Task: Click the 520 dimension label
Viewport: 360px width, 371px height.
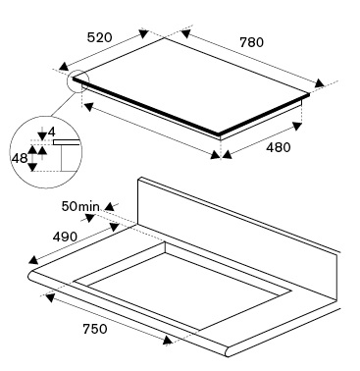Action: click(99, 37)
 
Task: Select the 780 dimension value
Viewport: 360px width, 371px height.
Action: click(251, 42)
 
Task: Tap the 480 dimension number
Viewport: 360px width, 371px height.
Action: click(278, 147)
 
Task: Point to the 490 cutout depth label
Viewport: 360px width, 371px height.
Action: click(65, 237)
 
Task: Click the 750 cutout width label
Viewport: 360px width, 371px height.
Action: click(95, 329)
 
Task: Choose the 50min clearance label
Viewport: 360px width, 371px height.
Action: click(80, 206)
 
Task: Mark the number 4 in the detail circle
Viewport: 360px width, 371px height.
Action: click(52, 132)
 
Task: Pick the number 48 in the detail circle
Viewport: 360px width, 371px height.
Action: click(20, 158)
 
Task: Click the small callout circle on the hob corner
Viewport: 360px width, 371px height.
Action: click(78, 80)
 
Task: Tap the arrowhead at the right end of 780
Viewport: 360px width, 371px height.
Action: click(319, 83)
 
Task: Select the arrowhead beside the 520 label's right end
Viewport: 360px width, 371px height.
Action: click(143, 33)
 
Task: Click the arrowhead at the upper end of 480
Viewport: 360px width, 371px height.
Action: click(297, 126)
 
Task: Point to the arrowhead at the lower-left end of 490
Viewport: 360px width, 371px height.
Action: click(33, 260)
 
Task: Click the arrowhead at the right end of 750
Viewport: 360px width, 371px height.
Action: click(168, 341)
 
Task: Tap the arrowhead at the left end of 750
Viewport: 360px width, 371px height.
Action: click(50, 297)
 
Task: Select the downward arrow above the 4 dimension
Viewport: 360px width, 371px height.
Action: click(42, 134)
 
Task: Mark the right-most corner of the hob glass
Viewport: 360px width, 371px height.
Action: click(309, 94)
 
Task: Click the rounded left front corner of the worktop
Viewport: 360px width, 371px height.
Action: click(30, 277)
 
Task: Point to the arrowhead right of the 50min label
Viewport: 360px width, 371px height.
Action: click(110, 207)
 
